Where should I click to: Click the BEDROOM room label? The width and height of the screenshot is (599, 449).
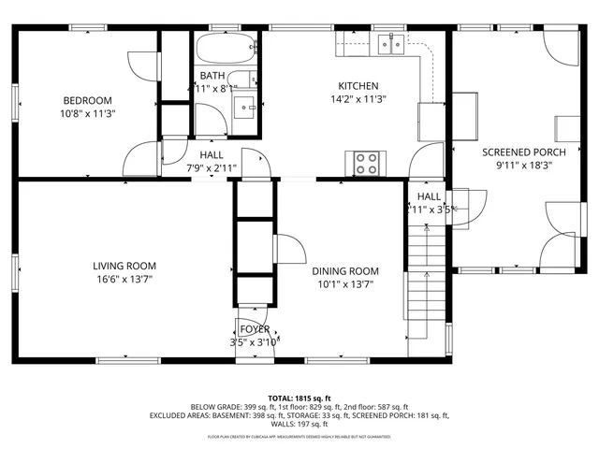[x=88, y=101]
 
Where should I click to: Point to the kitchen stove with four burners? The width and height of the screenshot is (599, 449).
[x=366, y=163]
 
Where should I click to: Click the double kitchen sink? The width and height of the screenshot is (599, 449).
[x=392, y=43]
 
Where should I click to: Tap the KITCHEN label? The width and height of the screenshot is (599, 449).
[x=358, y=85]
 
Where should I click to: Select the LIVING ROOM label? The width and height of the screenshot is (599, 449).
[x=124, y=266]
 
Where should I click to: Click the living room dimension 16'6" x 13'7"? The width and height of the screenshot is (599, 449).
[x=124, y=279]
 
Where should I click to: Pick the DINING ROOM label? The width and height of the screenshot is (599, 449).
[x=345, y=271]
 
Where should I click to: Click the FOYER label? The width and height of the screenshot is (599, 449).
[x=255, y=329]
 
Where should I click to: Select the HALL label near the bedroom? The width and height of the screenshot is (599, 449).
[x=211, y=155]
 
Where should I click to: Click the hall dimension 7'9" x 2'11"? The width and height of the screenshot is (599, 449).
[x=212, y=168]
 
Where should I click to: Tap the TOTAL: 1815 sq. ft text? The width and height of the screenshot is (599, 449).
[x=299, y=398]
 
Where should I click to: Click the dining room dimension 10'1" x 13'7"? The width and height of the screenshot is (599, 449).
[x=345, y=284]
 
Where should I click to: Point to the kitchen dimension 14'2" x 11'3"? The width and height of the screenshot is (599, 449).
[x=358, y=98]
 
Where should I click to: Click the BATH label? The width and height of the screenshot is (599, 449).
[x=212, y=76]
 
